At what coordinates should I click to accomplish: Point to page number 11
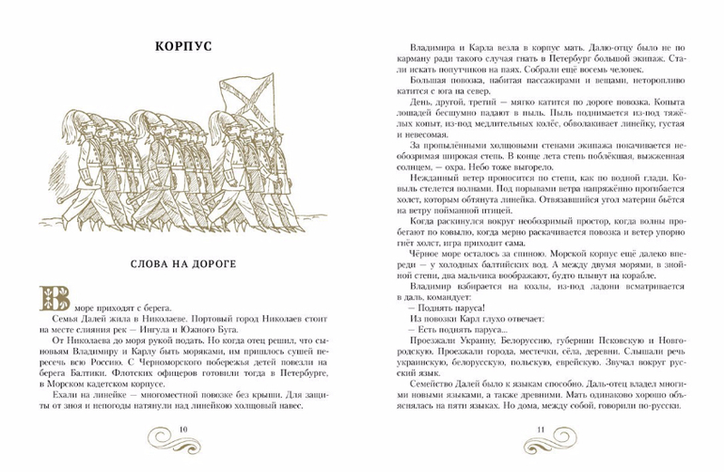[541, 431]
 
